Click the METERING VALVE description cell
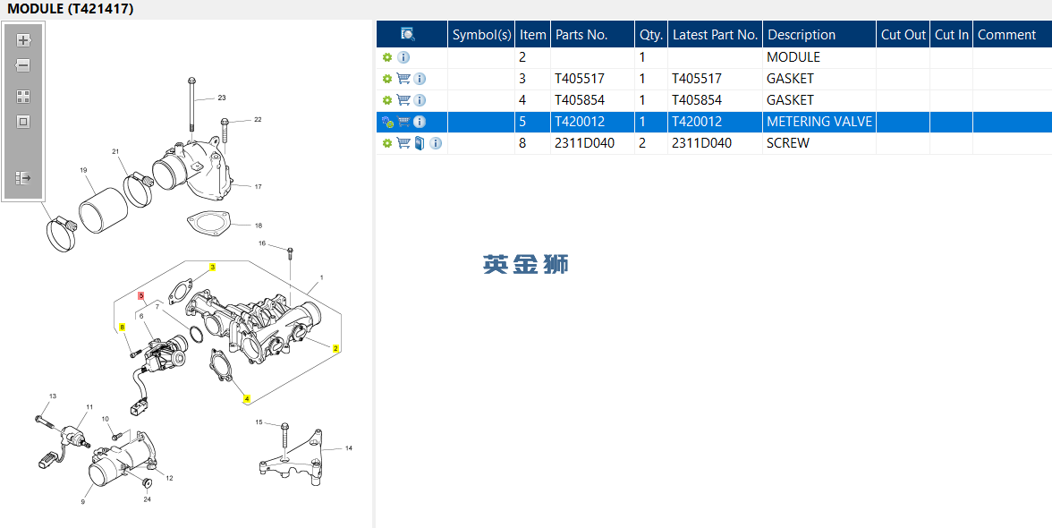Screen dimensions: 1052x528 [x=819, y=122]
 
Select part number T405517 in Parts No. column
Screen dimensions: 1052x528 [x=579, y=79]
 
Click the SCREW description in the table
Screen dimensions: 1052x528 [x=787, y=143]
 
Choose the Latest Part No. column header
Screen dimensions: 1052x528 [x=716, y=34]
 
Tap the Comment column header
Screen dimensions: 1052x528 [x=1007, y=34]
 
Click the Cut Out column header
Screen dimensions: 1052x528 [x=904, y=34]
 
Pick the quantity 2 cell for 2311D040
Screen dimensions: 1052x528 [x=642, y=143]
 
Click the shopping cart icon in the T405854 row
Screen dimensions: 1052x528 [x=403, y=100]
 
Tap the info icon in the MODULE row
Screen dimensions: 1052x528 [x=403, y=57]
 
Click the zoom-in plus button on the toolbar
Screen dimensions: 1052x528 [x=23, y=40]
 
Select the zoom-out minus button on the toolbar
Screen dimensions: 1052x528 [x=23, y=65]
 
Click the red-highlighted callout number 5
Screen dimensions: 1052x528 [x=141, y=295]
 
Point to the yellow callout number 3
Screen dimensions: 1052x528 [x=213, y=267]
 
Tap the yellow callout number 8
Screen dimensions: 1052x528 [x=122, y=328]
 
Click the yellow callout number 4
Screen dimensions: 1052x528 [x=247, y=398]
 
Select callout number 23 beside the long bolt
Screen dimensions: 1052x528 [x=222, y=98]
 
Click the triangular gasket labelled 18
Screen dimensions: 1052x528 [x=207, y=224]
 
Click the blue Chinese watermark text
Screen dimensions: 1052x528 [x=526, y=264]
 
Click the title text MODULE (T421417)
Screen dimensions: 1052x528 [x=71, y=9]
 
